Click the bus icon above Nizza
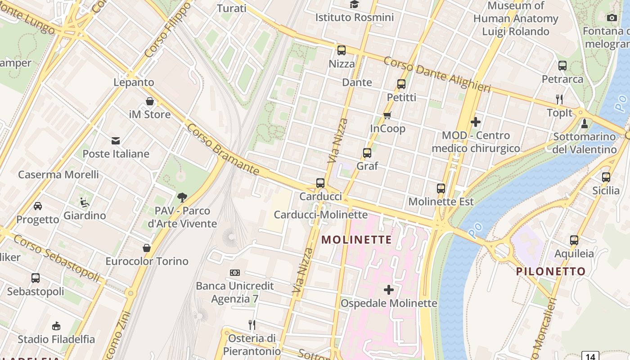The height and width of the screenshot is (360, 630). click(342, 50)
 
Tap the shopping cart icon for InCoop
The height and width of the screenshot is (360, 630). click(387, 115)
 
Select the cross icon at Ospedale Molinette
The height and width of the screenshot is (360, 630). click(389, 290)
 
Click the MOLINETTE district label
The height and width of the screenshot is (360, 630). click(356, 239)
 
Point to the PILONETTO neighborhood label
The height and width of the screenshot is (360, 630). click(550, 271)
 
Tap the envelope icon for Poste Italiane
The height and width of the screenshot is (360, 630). click(116, 141)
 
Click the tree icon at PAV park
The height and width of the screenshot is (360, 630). click(182, 197)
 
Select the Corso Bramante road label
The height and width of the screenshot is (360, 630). click(223, 150)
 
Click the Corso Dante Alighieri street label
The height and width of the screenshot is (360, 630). click(437, 75)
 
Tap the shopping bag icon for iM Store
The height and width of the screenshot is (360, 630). click(150, 102)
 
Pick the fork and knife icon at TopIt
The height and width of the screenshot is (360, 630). click(559, 99)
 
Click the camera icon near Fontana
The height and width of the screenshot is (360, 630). click(612, 18)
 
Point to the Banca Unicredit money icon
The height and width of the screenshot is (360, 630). click(235, 273)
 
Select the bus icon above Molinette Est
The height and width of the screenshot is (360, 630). click(441, 189)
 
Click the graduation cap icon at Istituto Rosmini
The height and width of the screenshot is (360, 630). click(354, 4)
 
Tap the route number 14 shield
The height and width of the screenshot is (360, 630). click(590, 356)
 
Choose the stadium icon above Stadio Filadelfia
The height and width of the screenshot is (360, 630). click(56, 326)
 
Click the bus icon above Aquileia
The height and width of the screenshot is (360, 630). click(574, 240)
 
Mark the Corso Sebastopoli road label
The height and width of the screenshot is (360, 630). click(56, 258)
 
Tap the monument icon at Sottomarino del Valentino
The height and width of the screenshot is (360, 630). click(584, 123)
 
